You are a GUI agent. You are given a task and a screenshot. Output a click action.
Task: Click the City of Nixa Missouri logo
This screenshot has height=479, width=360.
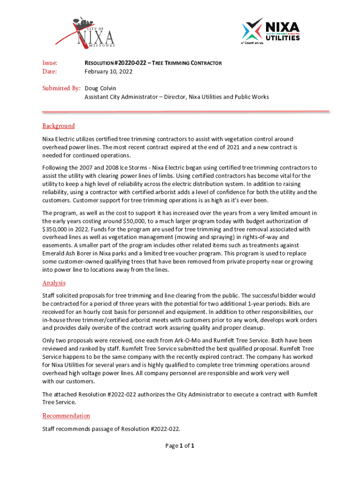pos(91,32)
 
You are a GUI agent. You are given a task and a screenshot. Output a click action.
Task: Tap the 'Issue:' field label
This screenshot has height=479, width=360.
pos(50,63)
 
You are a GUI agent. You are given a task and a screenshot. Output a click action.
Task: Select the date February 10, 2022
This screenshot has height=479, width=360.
pos(108,72)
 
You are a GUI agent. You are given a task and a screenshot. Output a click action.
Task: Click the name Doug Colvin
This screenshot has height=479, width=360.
pos(100,88)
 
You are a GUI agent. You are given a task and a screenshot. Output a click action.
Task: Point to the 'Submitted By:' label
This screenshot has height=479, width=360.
pos(62,88)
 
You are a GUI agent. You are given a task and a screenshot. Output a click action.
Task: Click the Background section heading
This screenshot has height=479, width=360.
pos(58,126)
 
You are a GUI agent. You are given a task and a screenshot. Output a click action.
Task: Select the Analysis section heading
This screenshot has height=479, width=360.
pos(54,283)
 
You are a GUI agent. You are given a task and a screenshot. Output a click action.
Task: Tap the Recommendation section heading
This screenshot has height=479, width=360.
pos(66,416)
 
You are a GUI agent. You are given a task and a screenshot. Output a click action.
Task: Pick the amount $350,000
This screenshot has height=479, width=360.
pos(55,229)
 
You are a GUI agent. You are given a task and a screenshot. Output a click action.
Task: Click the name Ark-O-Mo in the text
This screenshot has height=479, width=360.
pos(166,341)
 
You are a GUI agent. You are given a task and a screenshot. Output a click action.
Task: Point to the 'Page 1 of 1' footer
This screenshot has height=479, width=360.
pos(180,446)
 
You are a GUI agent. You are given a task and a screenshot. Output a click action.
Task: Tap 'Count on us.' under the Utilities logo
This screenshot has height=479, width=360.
pos(252,43)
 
